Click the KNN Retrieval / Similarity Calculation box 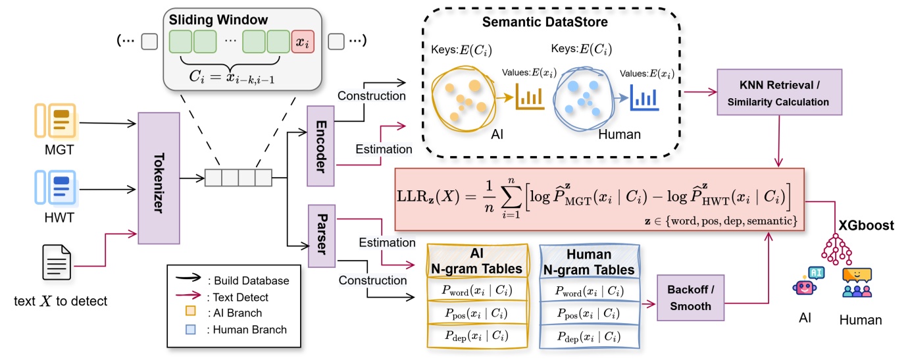[x=780, y=94]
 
